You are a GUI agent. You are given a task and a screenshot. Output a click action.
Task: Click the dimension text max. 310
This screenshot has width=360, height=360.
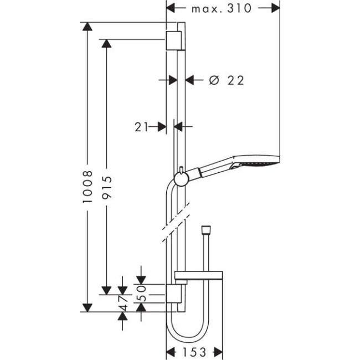pos(221,8)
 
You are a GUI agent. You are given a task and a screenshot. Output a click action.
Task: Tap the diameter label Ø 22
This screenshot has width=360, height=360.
pos(227,80)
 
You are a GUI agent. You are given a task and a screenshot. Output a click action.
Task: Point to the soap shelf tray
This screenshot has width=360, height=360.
pos(199,276)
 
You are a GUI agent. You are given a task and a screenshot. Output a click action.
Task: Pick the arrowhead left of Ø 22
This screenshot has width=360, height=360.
pos(163,80)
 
